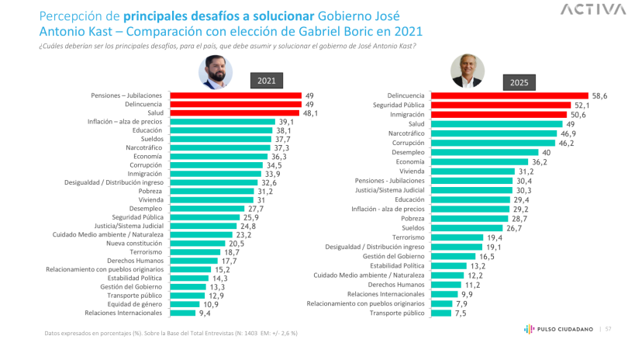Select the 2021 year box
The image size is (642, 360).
(266, 80)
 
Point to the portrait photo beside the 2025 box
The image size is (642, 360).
(468, 71)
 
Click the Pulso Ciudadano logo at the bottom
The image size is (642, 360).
(555, 330)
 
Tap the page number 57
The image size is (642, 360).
(608, 330)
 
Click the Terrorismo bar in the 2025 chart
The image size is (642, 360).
(456, 237)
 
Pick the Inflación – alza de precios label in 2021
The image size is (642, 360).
(125, 121)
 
